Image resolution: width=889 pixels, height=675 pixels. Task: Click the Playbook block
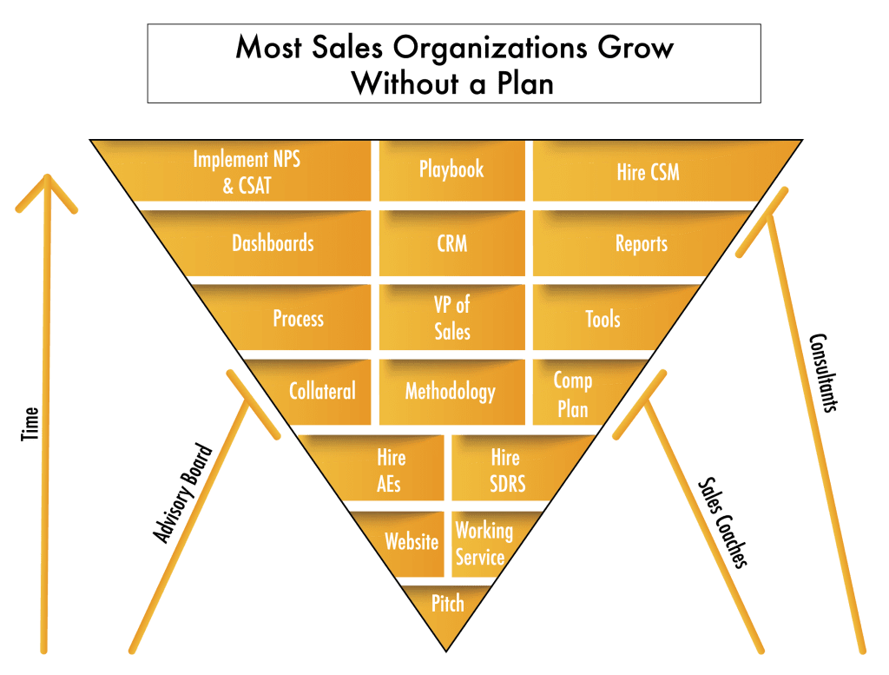pos(451,171)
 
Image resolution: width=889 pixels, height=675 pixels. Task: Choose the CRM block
pos(451,243)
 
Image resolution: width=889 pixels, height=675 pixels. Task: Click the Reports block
pos(635,243)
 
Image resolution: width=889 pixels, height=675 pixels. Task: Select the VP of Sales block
pos(451,318)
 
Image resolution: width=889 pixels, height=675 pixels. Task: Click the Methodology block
pos(451,392)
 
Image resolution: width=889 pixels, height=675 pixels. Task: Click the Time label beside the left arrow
pos(30,424)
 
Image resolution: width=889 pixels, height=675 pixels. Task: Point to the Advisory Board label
pos(182,493)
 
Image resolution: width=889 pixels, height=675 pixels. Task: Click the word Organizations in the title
pos(491,49)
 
